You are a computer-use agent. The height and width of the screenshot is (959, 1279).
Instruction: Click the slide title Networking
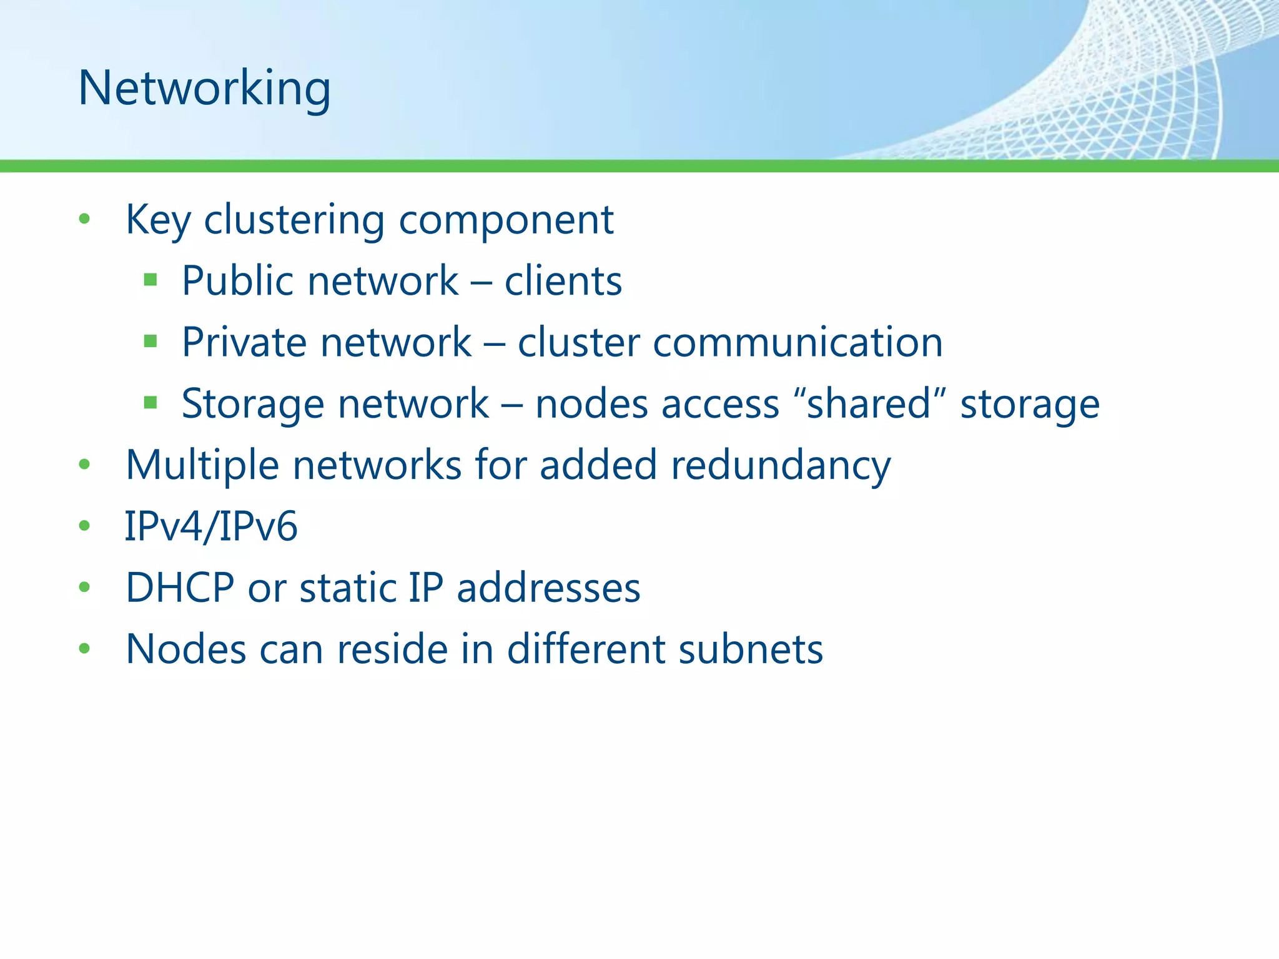coord(204,88)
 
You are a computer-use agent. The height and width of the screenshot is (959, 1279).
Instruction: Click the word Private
coord(244,342)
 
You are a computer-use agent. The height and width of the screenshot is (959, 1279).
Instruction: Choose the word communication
coord(798,342)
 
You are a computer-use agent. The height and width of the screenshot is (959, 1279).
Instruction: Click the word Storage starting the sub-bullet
coord(252,404)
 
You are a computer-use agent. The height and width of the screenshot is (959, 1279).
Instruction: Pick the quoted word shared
coord(869,404)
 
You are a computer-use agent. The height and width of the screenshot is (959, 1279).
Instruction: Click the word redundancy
coord(781,465)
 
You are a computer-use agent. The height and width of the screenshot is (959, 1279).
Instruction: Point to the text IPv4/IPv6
coord(211,526)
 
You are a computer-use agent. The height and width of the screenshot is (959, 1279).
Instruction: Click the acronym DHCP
coord(180,588)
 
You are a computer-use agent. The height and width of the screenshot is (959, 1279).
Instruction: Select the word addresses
coord(548,588)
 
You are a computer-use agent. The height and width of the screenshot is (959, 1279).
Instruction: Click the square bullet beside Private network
coord(150,341)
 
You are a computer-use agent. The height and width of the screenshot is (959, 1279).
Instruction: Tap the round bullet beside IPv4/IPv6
coord(84,526)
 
